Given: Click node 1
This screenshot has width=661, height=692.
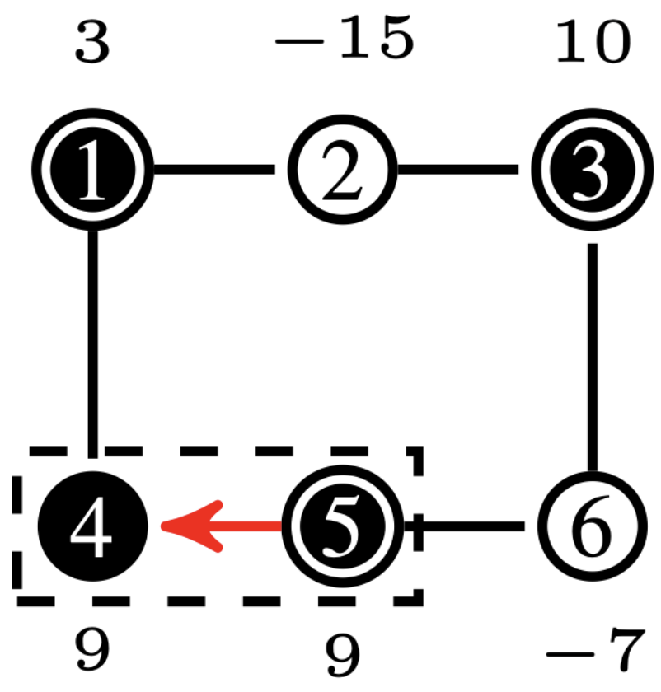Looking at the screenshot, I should click(x=93, y=170).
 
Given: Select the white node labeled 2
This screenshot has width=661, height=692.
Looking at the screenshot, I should click(x=340, y=170).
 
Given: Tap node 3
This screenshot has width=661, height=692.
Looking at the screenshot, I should click(x=590, y=170).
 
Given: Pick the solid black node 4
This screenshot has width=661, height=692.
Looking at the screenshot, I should click(x=93, y=526).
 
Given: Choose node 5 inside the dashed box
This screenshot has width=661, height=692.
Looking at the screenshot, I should click(x=340, y=526).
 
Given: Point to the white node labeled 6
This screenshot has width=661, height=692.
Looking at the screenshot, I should click(x=590, y=526).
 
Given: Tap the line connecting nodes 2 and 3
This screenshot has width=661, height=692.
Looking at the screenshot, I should click(x=458, y=170).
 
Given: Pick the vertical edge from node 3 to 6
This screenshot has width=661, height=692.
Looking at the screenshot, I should click(x=590, y=354).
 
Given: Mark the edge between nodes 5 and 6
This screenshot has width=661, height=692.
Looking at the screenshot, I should click(x=470, y=526).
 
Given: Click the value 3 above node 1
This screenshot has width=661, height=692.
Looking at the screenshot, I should click(x=91, y=43).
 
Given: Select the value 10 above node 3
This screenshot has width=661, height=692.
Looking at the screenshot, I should click(x=592, y=43).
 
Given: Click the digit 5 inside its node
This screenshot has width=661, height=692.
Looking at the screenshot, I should click(x=340, y=526).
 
